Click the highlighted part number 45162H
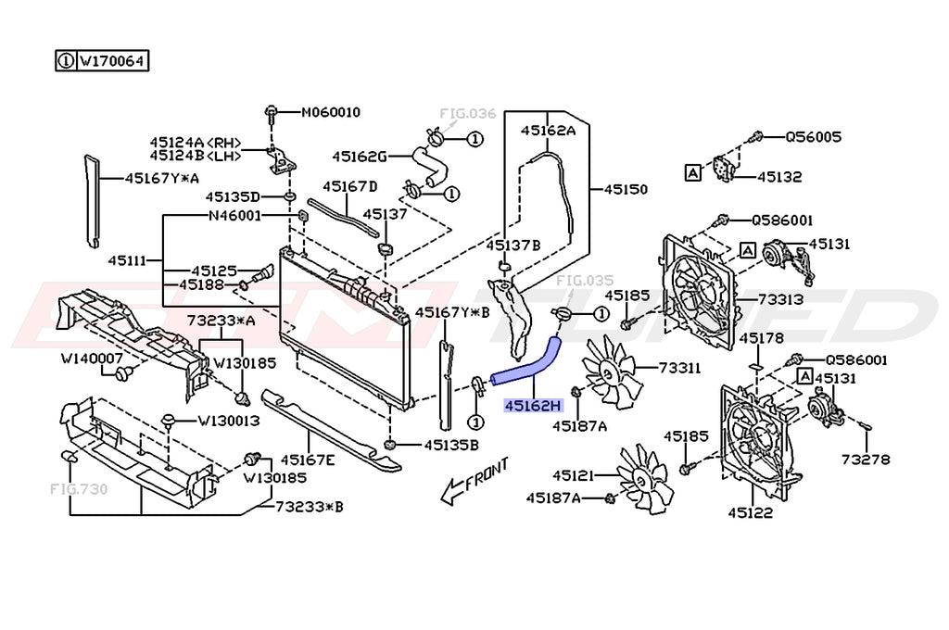(x=533, y=405)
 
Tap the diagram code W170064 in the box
(x=110, y=61)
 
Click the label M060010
(x=331, y=113)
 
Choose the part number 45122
(x=750, y=511)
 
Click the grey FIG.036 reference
(x=468, y=114)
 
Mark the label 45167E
(x=308, y=460)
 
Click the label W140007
(x=92, y=358)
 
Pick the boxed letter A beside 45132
(x=691, y=171)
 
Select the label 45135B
(x=451, y=445)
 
